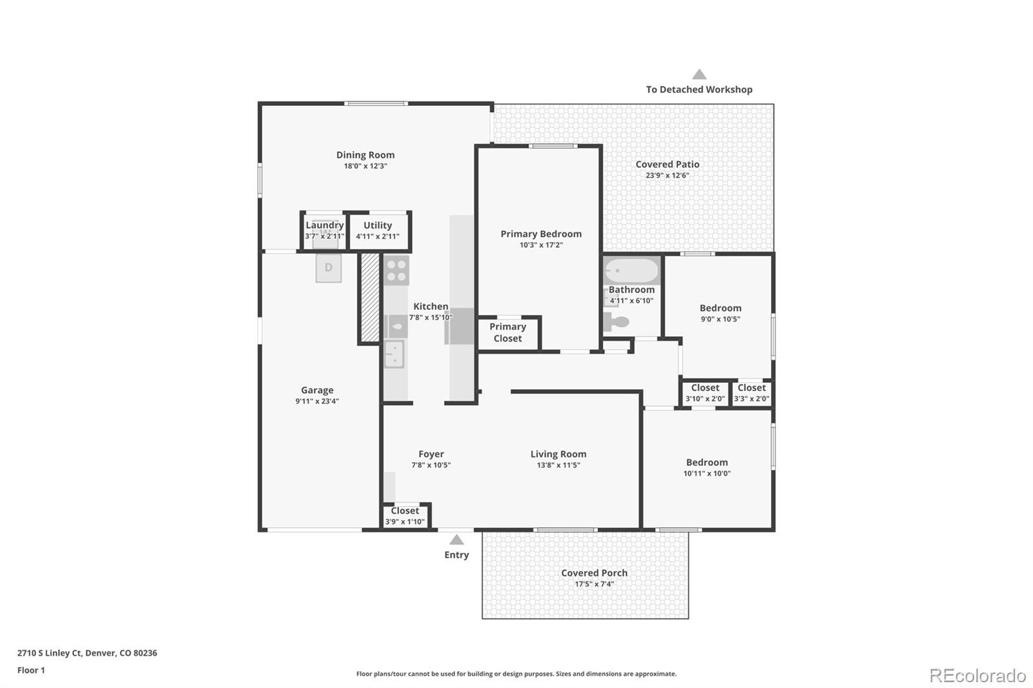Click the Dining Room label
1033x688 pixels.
365,155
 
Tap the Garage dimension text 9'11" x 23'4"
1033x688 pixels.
317,401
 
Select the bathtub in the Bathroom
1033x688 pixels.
632,270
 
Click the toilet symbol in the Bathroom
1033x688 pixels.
617,321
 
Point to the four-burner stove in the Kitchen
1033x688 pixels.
396,270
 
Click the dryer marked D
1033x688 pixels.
329,267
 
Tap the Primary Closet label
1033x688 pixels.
507,332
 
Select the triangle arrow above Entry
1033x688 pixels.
456,540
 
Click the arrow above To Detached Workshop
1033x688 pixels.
699,74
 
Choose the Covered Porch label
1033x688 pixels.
594,572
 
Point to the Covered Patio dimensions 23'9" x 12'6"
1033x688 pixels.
668,176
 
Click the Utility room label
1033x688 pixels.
378,225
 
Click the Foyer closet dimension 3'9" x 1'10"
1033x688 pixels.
405,521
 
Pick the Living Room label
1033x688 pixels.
558,454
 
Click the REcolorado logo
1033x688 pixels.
977,676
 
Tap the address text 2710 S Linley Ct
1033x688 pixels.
49,653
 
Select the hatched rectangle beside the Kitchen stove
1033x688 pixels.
370,298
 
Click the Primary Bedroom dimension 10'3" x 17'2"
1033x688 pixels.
541,245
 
